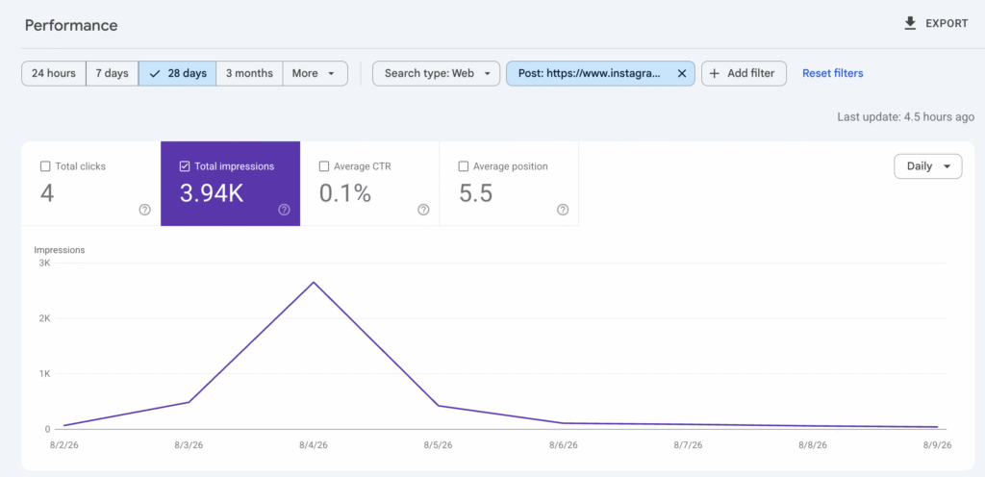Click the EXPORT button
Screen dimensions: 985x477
pyautogui.click(x=935, y=24)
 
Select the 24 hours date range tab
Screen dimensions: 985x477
pyautogui.click(x=54, y=73)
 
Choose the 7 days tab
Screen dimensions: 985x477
pyautogui.click(x=112, y=73)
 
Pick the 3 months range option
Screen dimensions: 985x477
pyautogui.click(x=249, y=73)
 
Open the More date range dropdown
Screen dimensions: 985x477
pyautogui.click(x=315, y=73)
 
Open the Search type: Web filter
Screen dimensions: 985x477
pyautogui.click(x=437, y=73)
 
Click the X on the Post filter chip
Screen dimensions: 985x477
pyautogui.click(x=682, y=73)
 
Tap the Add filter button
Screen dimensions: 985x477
pyautogui.click(x=744, y=73)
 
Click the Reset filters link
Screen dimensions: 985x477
pyautogui.click(x=833, y=73)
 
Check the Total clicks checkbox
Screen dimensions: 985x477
pyautogui.click(x=45, y=166)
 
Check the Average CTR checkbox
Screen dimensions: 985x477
pyautogui.click(x=324, y=166)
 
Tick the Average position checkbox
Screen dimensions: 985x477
pyautogui.click(x=464, y=166)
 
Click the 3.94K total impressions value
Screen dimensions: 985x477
pyautogui.click(x=211, y=193)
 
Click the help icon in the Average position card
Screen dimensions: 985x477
pyautogui.click(x=563, y=210)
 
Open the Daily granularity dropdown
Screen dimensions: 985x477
pyautogui.click(x=928, y=166)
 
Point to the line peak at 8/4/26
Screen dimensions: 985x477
pyautogui.click(x=314, y=282)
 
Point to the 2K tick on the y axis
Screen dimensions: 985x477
pyautogui.click(x=44, y=318)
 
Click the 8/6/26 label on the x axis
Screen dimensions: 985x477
pyautogui.click(x=563, y=445)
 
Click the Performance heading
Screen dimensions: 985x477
pyautogui.click(x=71, y=25)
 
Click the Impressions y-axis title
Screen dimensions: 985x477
pyautogui.click(x=60, y=250)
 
